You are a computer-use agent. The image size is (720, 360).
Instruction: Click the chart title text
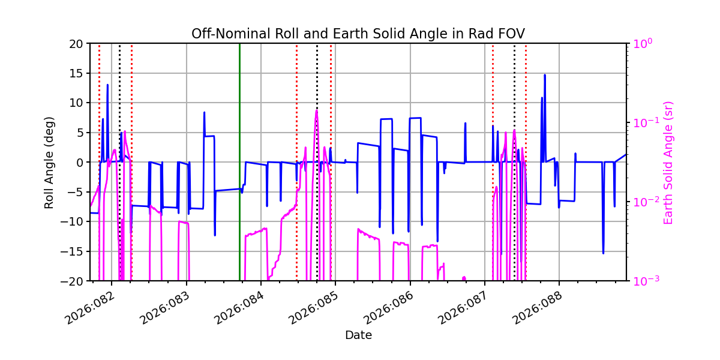(x=358, y=34)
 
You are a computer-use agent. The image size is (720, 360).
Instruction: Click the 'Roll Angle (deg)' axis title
(x=49, y=162)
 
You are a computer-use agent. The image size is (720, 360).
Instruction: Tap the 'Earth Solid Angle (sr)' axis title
(x=668, y=162)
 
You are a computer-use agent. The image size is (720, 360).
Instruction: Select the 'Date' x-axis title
(x=358, y=335)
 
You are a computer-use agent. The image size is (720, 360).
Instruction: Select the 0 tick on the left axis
(x=80, y=162)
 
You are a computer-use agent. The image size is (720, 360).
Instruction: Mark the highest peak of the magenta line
(x=316, y=110)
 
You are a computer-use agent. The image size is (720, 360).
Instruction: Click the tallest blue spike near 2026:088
(x=545, y=76)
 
